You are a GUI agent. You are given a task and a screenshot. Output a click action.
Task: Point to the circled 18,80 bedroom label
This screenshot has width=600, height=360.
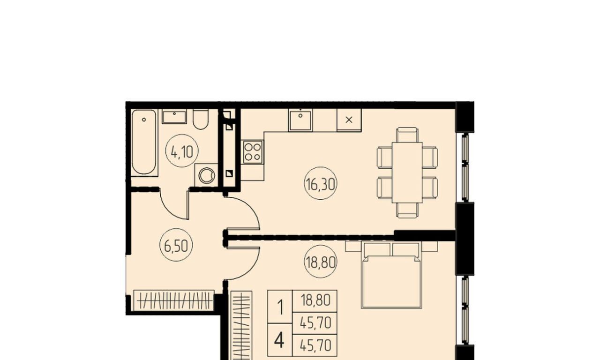point(321,262)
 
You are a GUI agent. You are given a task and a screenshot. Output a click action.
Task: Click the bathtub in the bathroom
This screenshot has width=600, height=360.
point(144,142)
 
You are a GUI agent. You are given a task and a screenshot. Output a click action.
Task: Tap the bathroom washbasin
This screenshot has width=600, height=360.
point(174,117)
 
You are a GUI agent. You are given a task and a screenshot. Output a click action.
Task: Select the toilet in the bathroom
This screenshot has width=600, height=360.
point(200,119)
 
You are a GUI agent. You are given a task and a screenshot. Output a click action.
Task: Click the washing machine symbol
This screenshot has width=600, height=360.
point(207,175)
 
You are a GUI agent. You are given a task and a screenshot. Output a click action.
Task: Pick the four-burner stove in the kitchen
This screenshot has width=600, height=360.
point(253,152)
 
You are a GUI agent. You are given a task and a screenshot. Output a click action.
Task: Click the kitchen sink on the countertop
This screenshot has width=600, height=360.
point(300,120)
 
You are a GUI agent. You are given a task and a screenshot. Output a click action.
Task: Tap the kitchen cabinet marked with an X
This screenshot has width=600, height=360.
point(349,120)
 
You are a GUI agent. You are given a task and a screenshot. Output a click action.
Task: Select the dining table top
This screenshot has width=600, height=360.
point(407,172)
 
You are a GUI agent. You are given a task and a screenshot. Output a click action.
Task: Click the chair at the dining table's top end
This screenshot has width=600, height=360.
point(407,135)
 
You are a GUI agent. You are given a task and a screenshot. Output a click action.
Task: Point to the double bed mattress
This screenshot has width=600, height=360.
point(391,282)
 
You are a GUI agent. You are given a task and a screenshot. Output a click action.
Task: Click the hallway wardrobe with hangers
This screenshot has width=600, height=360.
point(173,300)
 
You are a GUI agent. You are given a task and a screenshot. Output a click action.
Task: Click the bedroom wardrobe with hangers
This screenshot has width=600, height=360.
point(241,325)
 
